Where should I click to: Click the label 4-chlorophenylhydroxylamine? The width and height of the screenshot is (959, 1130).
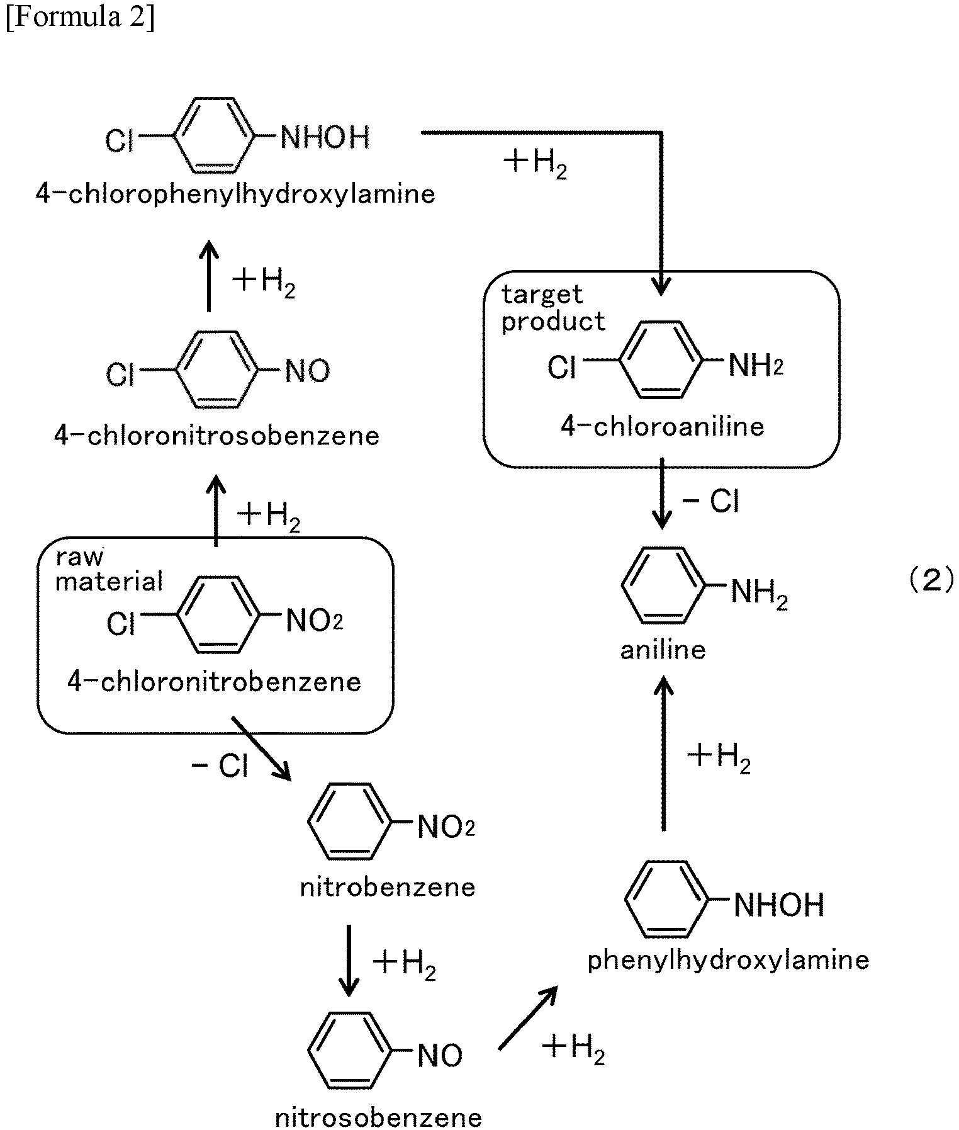coord(235,194)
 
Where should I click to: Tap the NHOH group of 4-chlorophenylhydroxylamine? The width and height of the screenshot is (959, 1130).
coord(325,137)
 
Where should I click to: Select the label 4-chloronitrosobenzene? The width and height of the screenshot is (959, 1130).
coord(217,436)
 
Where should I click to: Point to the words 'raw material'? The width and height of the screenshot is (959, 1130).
coord(109,570)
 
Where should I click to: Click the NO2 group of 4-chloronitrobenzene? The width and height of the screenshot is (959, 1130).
coord(314,621)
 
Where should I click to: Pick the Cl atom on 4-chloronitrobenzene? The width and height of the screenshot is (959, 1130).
coord(121,623)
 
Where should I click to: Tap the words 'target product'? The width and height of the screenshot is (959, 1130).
coord(552,308)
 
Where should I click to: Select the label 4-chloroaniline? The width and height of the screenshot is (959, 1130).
coord(663,427)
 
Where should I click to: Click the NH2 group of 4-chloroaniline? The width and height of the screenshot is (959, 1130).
coord(756,365)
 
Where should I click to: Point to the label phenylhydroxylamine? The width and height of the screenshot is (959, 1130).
coord(728,960)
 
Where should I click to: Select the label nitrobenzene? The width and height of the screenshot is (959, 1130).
coord(388,888)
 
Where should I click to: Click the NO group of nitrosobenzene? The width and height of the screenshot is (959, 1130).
coord(440,1056)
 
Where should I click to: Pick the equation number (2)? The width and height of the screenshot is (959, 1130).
coord(931,579)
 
